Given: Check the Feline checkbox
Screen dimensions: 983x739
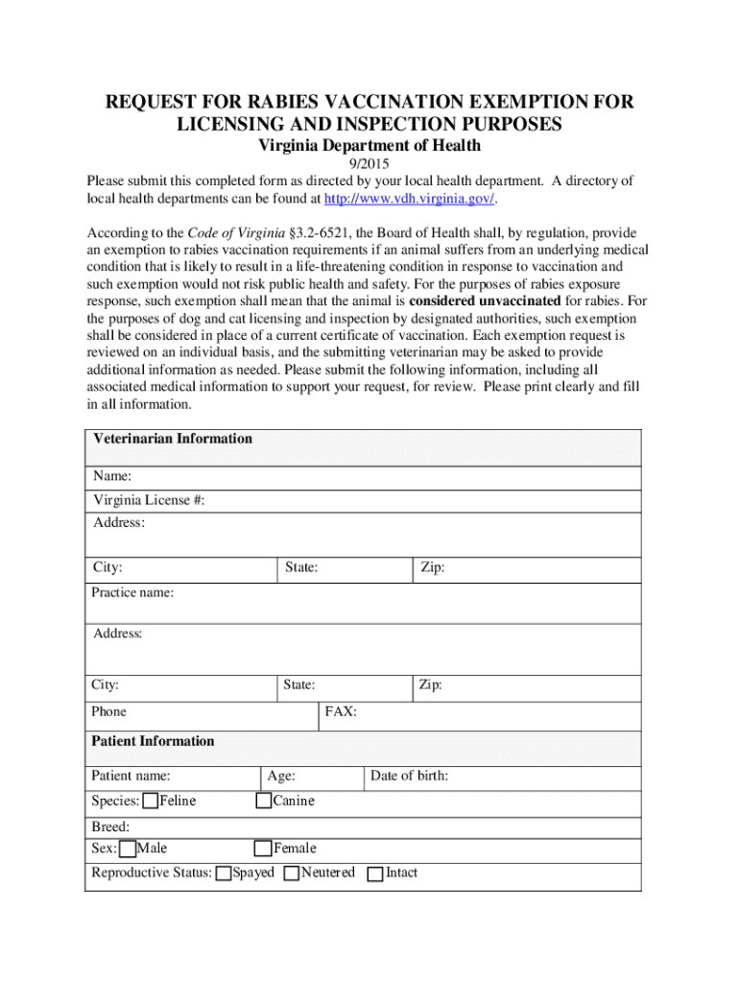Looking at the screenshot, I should [151, 802].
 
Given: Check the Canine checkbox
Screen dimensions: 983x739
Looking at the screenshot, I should [264, 802].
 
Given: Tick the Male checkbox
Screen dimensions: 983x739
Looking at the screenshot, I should [128, 849].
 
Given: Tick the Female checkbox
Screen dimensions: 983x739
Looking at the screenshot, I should [263, 849].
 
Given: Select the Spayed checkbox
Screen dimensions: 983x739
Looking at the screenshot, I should [224, 874].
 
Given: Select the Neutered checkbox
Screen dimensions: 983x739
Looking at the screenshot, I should [292, 874].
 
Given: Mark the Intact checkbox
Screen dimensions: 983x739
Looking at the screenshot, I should [375, 874].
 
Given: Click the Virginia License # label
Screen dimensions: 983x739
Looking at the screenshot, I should [149, 500].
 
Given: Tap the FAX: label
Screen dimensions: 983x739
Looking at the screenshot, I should [341, 712].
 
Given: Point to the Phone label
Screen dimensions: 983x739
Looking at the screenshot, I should [108, 712].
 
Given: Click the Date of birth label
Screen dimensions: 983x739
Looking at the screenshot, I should [409, 777].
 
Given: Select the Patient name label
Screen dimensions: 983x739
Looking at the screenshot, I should [131, 777].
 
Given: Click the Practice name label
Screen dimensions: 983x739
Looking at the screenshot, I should [132, 593].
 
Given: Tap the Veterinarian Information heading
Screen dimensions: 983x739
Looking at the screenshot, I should [173, 440].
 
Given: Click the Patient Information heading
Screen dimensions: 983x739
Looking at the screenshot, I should [153, 742].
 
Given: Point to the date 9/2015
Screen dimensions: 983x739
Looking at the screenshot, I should [369, 164].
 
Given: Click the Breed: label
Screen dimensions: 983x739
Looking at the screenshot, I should [110, 827].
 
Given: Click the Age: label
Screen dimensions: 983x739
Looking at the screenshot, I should [281, 777].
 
